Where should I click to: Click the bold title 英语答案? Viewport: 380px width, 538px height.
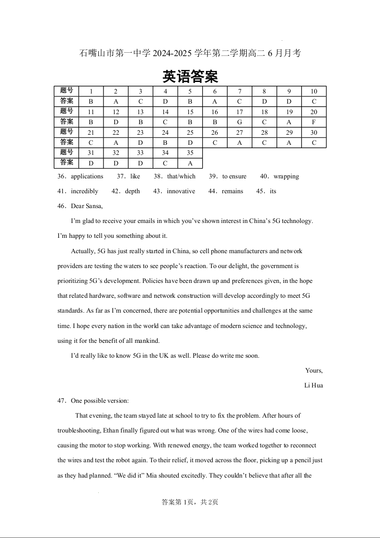(x=190, y=76)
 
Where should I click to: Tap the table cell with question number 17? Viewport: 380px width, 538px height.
(x=239, y=112)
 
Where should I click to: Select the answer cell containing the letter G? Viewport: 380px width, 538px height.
(x=239, y=122)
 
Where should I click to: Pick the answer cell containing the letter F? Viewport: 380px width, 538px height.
(x=314, y=122)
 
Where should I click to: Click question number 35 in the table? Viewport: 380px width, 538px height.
(x=190, y=153)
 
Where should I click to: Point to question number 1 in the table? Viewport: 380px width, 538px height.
(x=91, y=92)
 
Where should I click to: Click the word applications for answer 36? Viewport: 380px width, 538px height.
(x=87, y=176)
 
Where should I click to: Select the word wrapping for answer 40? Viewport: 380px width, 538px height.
(x=286, y=176)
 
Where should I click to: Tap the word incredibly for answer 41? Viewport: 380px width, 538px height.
(x=84, y=191)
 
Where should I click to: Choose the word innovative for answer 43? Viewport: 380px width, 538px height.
(x=181, y=191)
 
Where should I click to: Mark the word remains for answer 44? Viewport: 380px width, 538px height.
(x=232, y=191)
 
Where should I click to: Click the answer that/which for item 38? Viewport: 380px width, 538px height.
(x=181, y=176)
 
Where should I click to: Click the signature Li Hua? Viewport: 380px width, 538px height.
(x=313, y=386)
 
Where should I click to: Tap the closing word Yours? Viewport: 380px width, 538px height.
(x=314, y=371)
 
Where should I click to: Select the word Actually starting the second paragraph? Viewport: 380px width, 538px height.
(x=83, y=251)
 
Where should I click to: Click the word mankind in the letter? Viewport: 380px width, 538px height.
(x=147, y=341)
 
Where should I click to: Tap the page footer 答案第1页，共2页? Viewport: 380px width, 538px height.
(x=190, y=502)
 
